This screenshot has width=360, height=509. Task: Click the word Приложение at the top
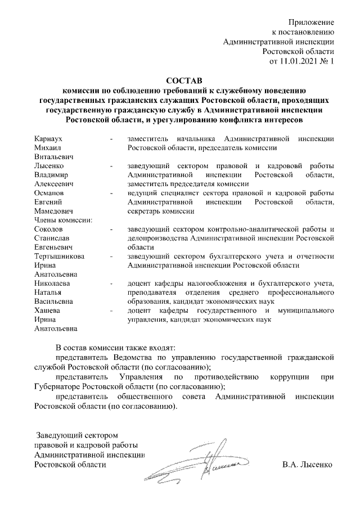click(312, 22)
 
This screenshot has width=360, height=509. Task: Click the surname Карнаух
click(48, 138)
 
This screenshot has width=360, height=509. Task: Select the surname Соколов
click(49, 229)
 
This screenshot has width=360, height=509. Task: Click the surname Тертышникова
click(60, 256)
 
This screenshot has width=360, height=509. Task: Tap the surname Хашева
click(48, 310)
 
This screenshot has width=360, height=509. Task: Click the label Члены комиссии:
click(63, 220)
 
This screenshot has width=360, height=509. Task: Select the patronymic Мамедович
click(54, 211)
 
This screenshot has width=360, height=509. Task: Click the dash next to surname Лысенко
click(112, 166)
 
